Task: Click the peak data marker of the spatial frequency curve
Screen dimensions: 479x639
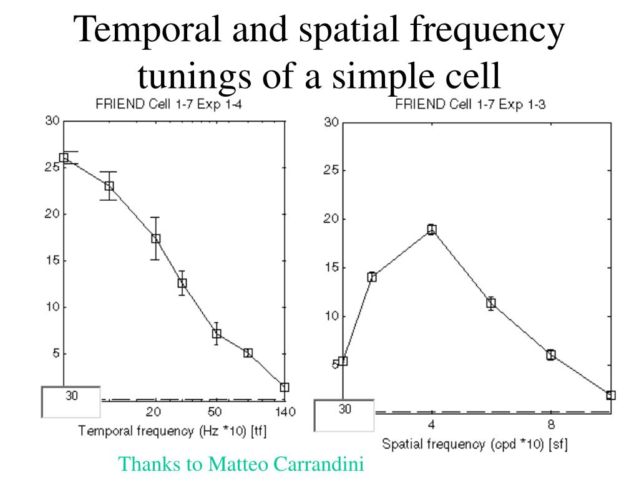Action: point(431,230)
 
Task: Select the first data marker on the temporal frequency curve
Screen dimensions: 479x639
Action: point(64,158)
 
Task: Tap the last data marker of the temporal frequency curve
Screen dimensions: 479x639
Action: point(285,387)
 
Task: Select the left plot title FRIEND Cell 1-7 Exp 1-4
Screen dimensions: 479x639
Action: point(168,105)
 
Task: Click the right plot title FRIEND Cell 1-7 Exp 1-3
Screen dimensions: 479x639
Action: point(471,105)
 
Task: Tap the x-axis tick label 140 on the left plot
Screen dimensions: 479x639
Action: point(285,412)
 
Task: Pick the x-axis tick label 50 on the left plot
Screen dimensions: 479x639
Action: point(215,412)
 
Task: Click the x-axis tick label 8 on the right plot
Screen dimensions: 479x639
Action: point(551,425)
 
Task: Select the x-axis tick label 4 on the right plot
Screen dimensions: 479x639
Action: point(431,425)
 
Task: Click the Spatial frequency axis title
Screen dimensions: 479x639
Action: point(474,444)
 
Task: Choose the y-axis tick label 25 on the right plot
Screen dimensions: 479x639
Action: point(331,172)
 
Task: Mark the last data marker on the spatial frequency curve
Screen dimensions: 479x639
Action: point(611,395)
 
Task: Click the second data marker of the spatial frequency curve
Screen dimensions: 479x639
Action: point(372,277)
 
